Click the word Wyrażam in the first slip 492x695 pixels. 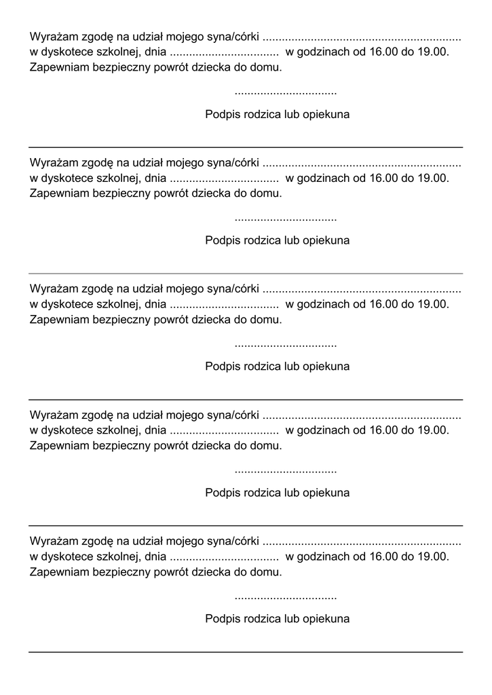pos(54,37)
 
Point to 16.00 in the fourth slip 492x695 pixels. pos(383,430)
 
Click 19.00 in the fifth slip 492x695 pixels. pos(434,556)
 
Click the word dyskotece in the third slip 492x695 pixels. pos(69,304)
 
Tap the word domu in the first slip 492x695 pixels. pos(267,67)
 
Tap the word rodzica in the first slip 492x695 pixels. pos(261,114)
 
